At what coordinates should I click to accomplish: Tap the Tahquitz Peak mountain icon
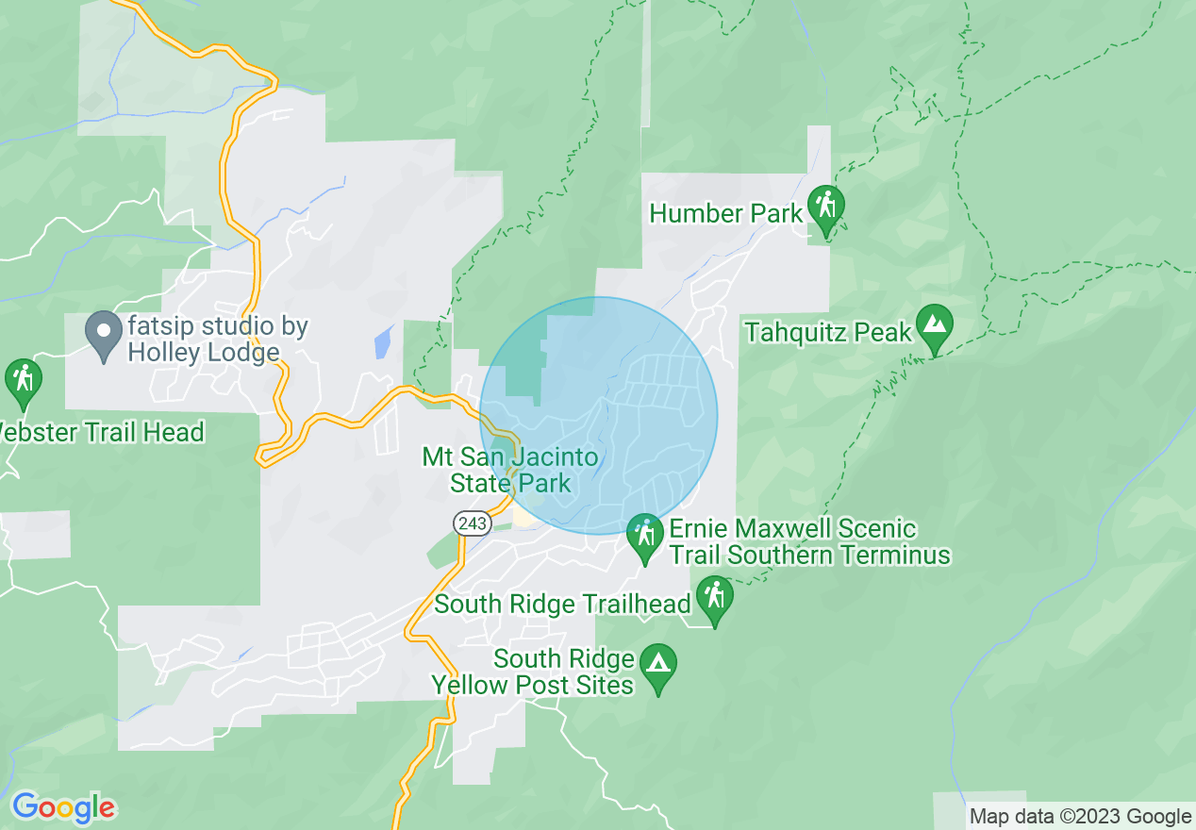click(x=934, y=324)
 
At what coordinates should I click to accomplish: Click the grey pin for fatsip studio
click(x=103, y=333)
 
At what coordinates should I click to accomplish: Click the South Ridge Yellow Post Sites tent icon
click(x=657, y=664)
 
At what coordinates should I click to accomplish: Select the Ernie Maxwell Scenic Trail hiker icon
click(x=645, y=535)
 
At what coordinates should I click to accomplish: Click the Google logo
click(x=63, y=807)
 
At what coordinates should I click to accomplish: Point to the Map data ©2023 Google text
click(x=1080, y=816)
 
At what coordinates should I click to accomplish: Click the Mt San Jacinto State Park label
click(x=510, y=471)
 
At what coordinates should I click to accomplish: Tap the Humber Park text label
click(x=725, y=213)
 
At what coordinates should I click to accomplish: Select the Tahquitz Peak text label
click(x=828, y=332)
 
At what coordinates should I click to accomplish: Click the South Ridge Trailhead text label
click(x=562, y=604)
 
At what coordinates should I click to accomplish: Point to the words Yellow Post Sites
click(x=533, y=685)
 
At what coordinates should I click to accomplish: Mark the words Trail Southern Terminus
click(x=810, y=555)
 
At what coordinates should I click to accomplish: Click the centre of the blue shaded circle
click(x=598, y=416)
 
